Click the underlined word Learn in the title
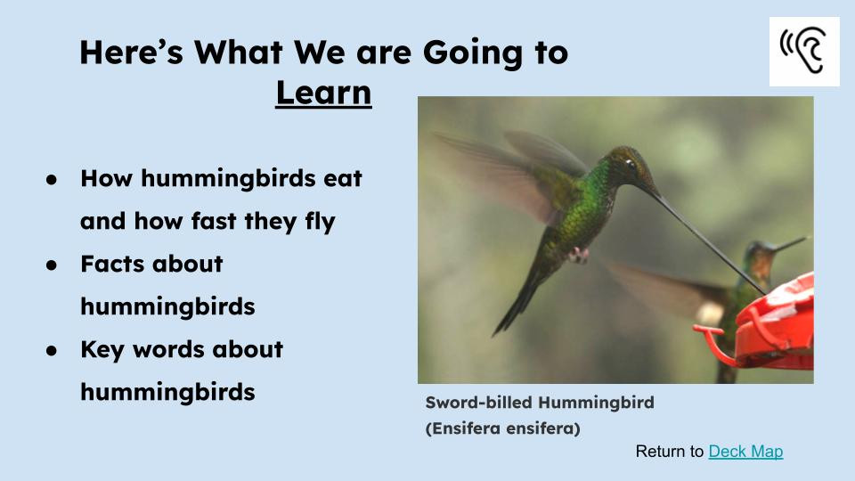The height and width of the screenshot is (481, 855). pyautogui.click(x=323, y=93)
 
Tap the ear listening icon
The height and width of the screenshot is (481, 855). pyautogui.click(x=804, y=52)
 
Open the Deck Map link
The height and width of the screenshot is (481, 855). pyautogui.click(x=745, y=452)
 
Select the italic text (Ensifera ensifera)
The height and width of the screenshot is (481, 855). pyautogui.click(x=502, y=428)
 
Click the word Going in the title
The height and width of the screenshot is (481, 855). pyautogui.click(x=470, y=53)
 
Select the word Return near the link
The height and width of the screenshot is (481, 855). pyautogui.click(x=669, y=452)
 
